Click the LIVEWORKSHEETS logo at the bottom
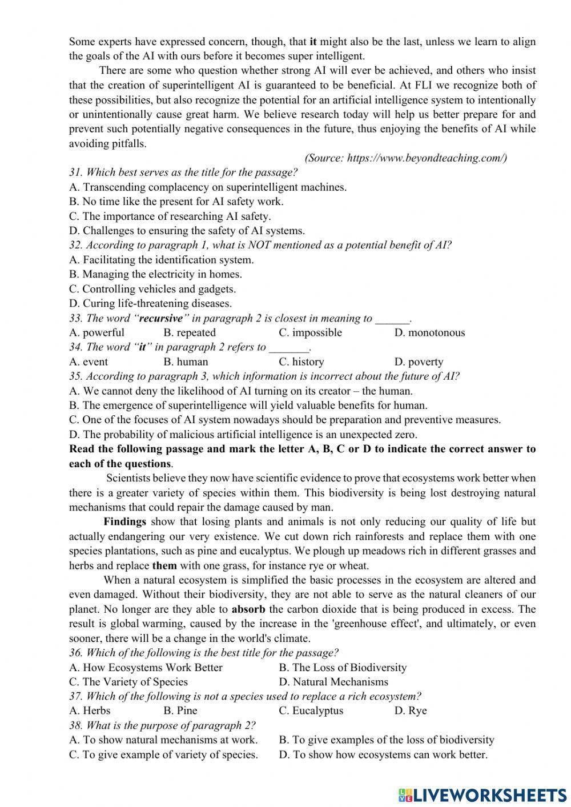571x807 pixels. (482, 794)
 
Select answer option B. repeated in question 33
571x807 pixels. (189, 332)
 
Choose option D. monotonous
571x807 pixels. (429, 332)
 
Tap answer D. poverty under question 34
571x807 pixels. (419, 362)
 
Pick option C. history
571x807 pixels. (301, 362)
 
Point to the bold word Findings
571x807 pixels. (124, 521)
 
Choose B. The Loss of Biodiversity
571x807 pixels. (343, 667)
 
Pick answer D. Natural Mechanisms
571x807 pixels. (333, 681)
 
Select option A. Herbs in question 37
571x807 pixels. (90, 710)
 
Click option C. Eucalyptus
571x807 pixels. (311, 710)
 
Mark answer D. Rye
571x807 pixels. (411, 710)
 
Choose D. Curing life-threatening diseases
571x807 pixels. (150, 303)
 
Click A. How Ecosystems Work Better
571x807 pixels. (146, 667)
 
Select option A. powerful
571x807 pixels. (96, 332)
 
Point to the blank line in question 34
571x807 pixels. (288, 348)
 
